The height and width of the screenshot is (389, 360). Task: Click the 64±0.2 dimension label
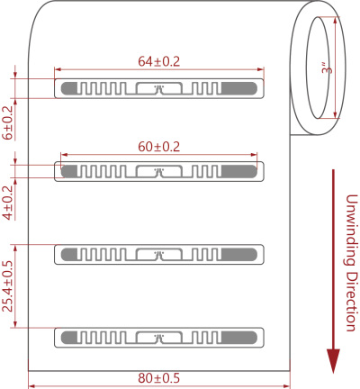(158, 61)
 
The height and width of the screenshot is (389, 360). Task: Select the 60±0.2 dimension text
(158, 147)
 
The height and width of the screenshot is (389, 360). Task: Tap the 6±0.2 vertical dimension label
(8, 122)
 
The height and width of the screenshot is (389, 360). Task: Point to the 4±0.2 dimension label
(8, 203)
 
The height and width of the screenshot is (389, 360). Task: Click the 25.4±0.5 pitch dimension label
(8, 286)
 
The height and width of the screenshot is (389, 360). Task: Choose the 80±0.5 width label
(158, 378)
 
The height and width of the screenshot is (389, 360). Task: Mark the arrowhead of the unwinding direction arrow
(333, 361)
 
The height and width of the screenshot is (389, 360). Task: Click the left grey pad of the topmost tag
(69, 88)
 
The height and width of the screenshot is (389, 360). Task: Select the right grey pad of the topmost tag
(239, 88)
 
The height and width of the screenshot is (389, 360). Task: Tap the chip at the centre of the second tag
(159, 171)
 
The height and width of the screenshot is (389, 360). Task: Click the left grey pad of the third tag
(69, 255)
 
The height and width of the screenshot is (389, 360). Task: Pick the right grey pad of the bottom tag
(239, 338)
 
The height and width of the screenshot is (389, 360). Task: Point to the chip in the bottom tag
(159, 338)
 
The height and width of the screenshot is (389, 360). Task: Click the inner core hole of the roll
(318, 68)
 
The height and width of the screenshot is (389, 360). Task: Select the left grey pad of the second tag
(69, 171)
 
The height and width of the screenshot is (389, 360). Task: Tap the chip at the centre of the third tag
(159, 255)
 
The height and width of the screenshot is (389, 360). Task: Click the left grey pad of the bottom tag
(69, 338)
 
